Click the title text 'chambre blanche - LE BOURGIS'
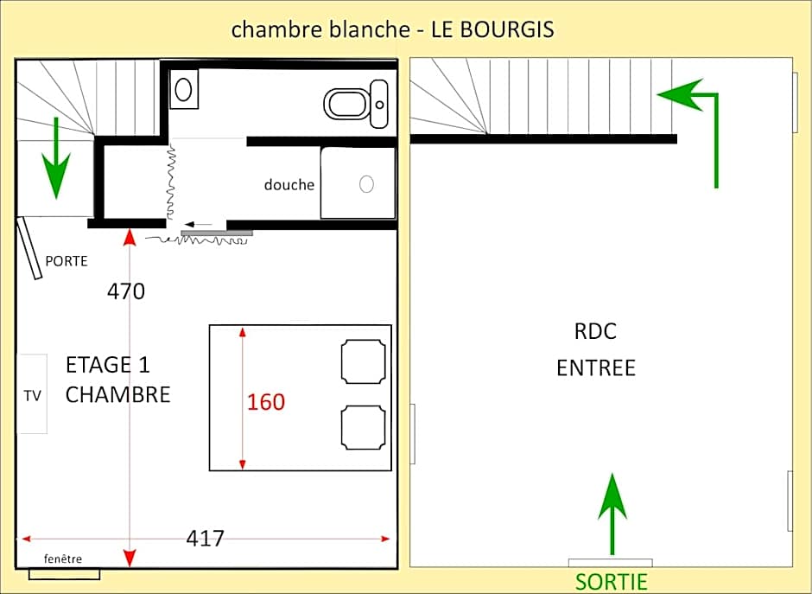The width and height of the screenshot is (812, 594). (392, 29)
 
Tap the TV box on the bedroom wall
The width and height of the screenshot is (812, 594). (33, 394)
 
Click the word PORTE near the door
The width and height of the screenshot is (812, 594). (67, 260)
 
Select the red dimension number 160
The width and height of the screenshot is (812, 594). (266, 402)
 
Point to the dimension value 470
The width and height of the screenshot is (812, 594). (126, 292)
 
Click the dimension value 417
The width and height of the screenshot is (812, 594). (206, 538)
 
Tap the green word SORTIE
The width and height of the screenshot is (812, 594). (612, 581)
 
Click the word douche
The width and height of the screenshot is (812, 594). (289, 185)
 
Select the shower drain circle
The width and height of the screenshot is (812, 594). (366, 184)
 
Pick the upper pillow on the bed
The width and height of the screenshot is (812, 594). (363, 361)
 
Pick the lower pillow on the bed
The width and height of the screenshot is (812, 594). (363, 427)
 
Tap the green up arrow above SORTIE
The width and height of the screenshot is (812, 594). (612, 514)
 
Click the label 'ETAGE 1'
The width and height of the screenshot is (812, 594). (107, 365)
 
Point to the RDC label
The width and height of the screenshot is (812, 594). (595, 331)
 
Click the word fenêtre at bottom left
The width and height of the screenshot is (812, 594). (63, 559)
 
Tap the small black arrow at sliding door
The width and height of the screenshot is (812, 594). (200, 225)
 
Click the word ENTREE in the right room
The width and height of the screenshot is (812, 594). (595, 368)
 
